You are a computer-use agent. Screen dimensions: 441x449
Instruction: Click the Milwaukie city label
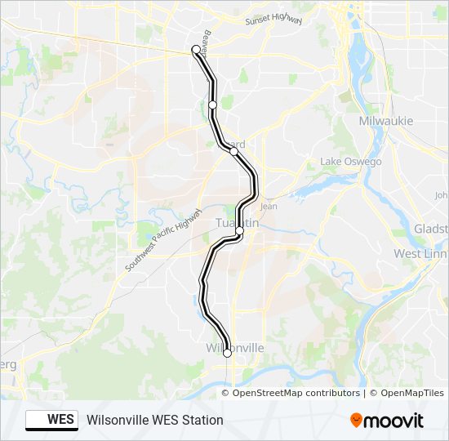point(386,121)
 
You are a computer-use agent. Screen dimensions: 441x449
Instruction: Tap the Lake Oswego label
point(351,162)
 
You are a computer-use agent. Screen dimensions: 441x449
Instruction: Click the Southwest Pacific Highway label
point(164,241)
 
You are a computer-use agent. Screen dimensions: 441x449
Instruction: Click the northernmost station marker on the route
point(196,50)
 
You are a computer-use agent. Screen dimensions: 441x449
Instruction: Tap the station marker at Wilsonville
point(227,353)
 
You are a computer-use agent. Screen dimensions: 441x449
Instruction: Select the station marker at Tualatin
point(239,232)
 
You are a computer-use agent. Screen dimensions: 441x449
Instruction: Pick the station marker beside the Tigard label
point(233,151)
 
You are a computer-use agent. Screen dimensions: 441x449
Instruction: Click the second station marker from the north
point(212,105)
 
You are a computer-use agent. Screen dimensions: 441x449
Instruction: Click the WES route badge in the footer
point(51,420)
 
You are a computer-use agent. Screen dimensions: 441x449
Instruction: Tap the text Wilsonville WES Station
point(154,420)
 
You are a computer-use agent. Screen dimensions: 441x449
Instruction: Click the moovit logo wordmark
point(395,420)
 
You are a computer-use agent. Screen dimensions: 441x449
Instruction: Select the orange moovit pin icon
point(357,420)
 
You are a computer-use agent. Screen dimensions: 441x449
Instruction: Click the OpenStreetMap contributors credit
point(296,393)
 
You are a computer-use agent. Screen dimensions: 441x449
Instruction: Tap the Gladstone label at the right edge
point(432,228)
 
